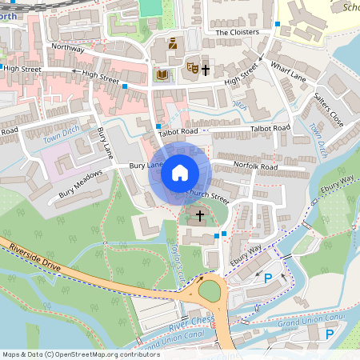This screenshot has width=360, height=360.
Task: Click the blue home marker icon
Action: pos(180,173)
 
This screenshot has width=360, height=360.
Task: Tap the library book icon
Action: pos(162,75)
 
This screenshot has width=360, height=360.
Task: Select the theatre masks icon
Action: pos(191,70)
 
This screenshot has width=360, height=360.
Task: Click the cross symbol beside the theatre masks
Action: pos(206,70)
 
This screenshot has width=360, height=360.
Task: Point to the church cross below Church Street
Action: pos(199,216)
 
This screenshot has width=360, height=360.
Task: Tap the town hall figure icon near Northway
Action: pos(173,43)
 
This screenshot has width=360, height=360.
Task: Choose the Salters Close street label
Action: pos(328,108)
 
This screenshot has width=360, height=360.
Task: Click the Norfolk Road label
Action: pos(255,166)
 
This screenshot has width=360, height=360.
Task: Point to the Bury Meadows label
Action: pos(80,183)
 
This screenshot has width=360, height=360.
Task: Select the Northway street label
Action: pos(67,48)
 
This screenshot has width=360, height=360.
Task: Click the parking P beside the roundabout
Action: pos(268,278)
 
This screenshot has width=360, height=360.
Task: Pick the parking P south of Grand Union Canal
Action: pos(330,333)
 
